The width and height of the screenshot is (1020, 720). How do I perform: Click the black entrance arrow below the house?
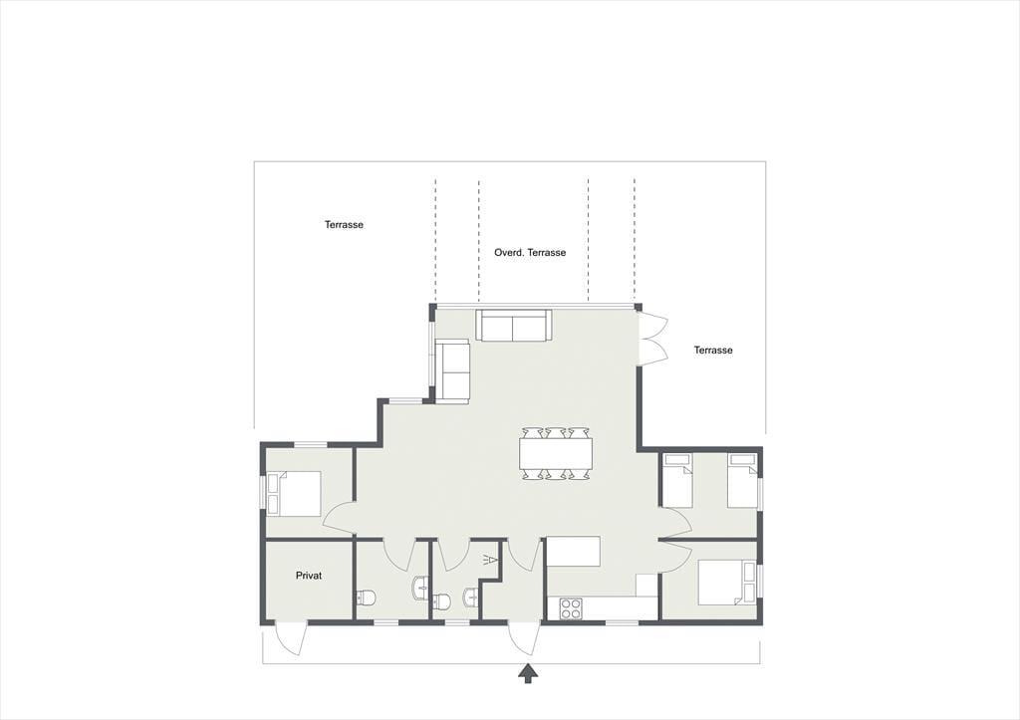pyautogui.click(x=529, y=674)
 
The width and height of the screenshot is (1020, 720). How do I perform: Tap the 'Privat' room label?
pyautogui.click(x=309, y=576)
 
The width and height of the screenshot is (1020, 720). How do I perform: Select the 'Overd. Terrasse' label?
pyautogui.click(x=530, y=252)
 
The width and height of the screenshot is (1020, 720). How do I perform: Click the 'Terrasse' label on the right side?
pyautogui.click(x=713, y=350)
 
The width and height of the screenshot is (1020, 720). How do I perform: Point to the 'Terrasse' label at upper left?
pyautogui.click(x=344, y=225)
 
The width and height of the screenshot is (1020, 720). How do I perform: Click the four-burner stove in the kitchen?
pyautogui.click(x=571, y=608)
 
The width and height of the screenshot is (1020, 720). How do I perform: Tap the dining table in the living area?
pyautogui.click(x=556, y=453)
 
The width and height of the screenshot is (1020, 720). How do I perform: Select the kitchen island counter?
pyautogui.click(x=573, y=552)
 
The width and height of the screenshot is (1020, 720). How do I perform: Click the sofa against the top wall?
pyautogui.click(x=514, y=325)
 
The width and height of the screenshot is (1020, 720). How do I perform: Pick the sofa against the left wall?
pyautogui.click(x=452, y=371)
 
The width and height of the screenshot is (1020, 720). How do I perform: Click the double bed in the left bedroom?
pyautogui.click(x=294, y=494)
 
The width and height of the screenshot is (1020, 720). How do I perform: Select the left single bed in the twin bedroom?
pyautogui.click(x=676, y=481)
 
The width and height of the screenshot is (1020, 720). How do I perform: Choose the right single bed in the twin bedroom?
pyautogui.click(x=742, y=481)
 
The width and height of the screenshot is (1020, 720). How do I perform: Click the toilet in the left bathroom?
pyautogui.click(x=367, y=598)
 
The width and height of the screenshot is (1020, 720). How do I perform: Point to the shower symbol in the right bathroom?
pyautogui.click(x=490, y=561)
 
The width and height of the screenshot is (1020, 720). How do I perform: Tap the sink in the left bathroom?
pyautogui.click(x=420, y=588)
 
